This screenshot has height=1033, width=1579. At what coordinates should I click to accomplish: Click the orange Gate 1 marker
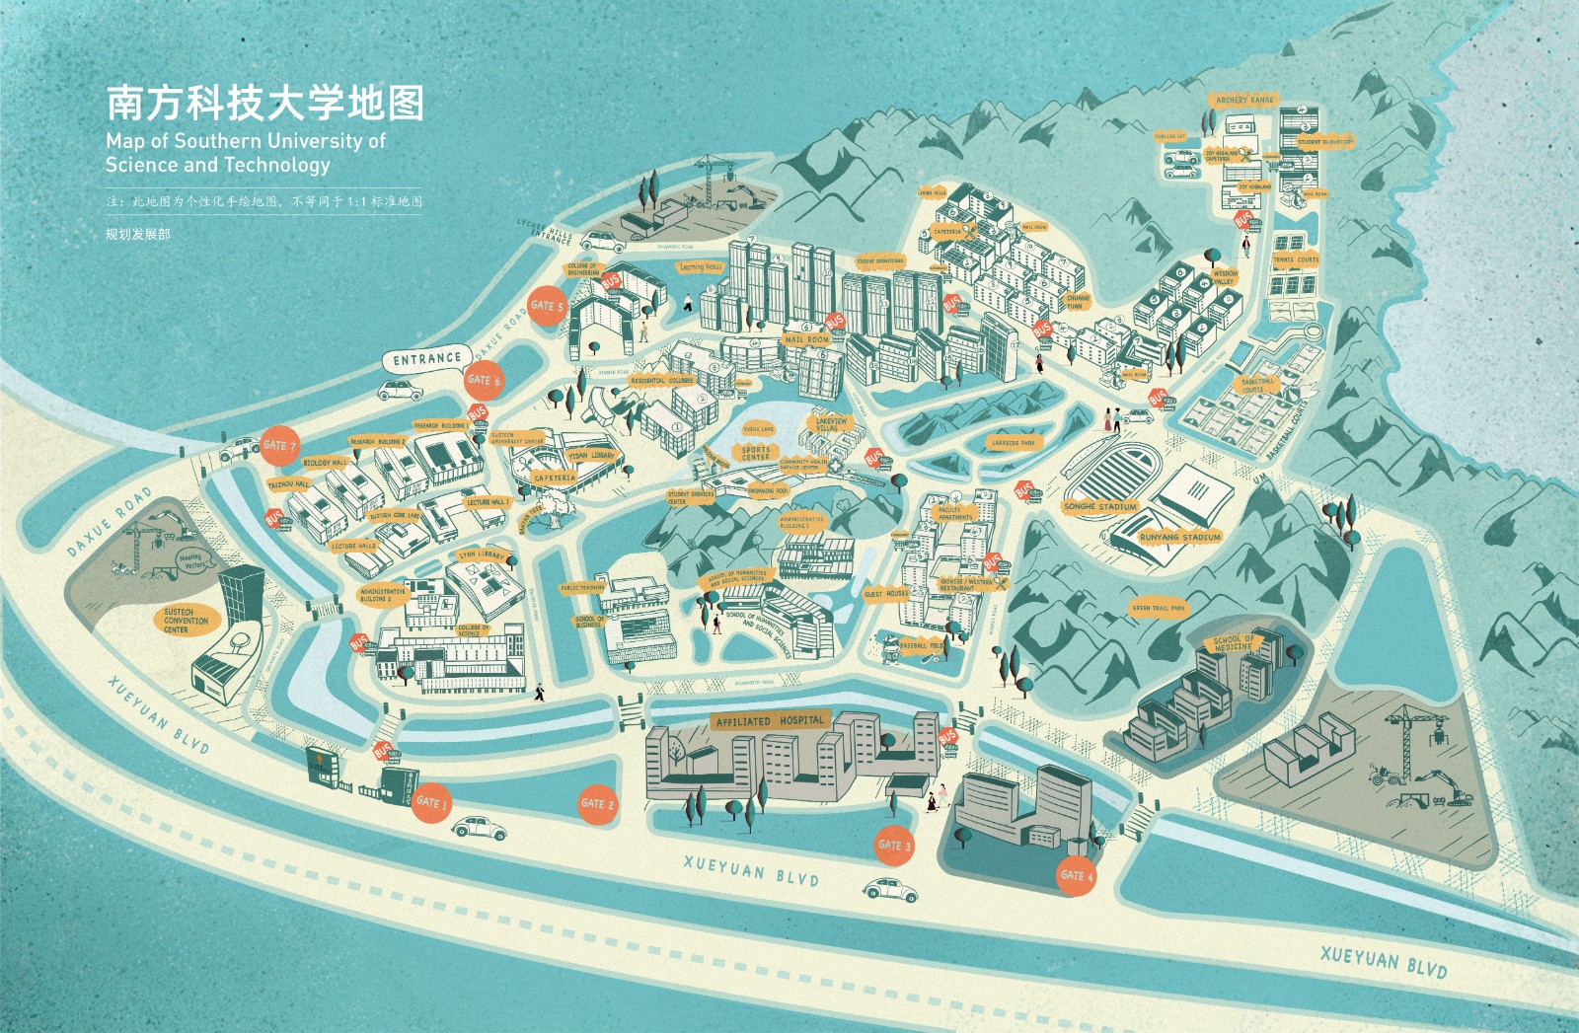(x=432, y=801)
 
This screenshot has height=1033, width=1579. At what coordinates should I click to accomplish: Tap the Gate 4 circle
(x=1077, y=875)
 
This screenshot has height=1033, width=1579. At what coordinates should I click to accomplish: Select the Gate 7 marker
(x=279, y=445)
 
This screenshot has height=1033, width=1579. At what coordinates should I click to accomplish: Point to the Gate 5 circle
(x=547, y=306)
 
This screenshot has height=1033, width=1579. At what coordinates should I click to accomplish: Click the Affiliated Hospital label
(x=770, y=721)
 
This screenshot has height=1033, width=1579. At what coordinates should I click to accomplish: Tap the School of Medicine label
(x=1234, y=642)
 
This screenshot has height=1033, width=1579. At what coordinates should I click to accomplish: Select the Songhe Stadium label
(x=1100, y=506)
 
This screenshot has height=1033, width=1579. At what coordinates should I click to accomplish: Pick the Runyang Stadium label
(x=1180, y=538)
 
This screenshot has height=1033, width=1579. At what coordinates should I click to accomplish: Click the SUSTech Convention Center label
(x=186, y=621)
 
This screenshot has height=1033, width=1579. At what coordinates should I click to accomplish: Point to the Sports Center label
(x=756, y=453)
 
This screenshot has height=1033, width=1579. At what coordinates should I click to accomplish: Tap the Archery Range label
(x=1244, y=100)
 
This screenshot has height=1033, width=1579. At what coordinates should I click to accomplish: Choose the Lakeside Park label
(x=1013, y=443)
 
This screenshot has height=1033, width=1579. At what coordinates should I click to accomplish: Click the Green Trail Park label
(x=1159, y=609)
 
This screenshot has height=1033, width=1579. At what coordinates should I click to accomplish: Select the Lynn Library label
(x=482, y=555)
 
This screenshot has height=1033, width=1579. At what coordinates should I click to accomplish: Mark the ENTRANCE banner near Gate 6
(x=426, y=359)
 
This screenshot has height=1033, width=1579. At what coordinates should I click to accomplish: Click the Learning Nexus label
(x=701, y=266)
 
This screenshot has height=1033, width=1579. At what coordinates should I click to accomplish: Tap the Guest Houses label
(x=885, y=594)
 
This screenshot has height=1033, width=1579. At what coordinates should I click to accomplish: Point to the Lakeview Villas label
(x=831, y=424)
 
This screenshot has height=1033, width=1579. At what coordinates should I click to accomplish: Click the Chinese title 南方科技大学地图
(x=264, y=103)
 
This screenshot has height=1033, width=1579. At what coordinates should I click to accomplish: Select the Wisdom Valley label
(x=1225, y=277)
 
